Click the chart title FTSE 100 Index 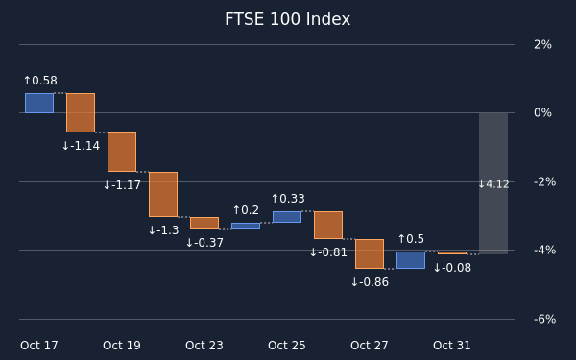(x=288, y=19)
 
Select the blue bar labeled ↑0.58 (x=39, y=103)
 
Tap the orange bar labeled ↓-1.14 (x=81, y=112)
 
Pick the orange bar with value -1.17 (x=122, y=152)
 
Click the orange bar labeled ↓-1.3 (x=163, y=194)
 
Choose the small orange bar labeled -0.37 (x=204, y=223)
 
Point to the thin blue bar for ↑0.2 (x=246, y=226)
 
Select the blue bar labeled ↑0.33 (x=287, y=217)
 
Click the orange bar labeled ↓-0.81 (x=328, y=225)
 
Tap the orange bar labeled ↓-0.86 (x=370, y=253)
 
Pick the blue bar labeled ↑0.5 (x=411, y=260)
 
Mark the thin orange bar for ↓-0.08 (x=452, y=252)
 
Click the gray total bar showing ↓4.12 (x=493, y=183)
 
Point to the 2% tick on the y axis (x=543, y=45)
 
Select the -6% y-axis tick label (x=544, y=320)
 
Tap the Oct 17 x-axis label (x=39, y=346)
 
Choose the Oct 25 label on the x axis (x=287, y=346)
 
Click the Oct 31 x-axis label (x=452, y=346)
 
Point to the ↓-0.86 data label (x=370, y=282)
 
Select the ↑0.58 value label (x=40, y=81)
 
